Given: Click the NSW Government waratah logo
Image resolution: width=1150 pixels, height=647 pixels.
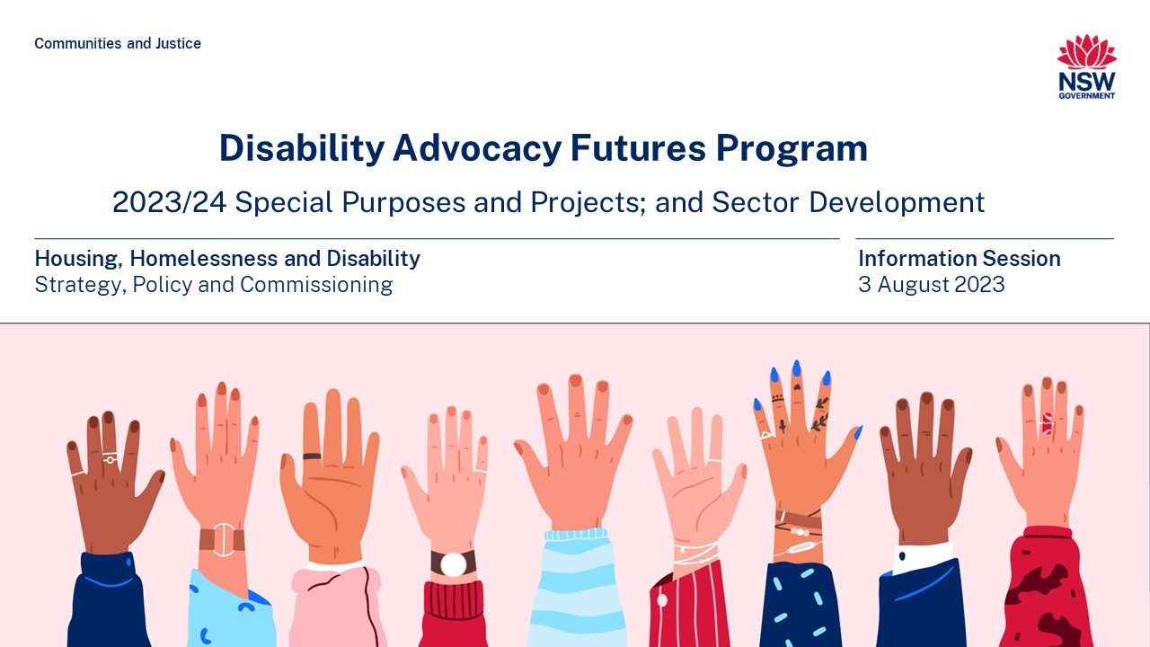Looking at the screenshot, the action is pos(1087,66).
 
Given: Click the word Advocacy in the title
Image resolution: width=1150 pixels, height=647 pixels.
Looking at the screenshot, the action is pos(477,148).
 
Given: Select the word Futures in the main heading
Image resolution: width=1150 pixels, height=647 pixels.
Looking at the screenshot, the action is pos(638,148).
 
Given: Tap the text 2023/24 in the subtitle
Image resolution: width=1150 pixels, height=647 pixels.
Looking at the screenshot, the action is pos(170,202).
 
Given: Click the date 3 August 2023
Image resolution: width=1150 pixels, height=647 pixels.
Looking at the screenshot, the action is pos(932,285).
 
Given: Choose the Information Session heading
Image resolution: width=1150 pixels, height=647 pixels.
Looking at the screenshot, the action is pos(960,258).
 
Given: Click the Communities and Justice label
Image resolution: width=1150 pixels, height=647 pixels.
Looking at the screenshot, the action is pos(118,43).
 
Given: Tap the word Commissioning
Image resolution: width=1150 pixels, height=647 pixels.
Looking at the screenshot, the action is pos(316,285).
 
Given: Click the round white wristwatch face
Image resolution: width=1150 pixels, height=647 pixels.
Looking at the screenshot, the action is pos(454,564).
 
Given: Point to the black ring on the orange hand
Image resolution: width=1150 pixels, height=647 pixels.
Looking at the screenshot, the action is pos(312,456).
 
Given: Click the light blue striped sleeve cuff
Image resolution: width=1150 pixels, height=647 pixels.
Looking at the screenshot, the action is pos(576,535).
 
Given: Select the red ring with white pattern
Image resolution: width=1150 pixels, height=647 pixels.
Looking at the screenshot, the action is pos(1048,424).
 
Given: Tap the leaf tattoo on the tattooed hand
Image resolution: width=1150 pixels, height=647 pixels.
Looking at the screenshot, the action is pos(819,422).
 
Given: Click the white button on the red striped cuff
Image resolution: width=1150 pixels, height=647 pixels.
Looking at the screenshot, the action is pos(662,599).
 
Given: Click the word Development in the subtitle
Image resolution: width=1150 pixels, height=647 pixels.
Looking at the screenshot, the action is pos(897,202).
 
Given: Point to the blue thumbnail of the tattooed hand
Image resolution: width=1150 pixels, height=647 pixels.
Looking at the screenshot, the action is pos(858,433).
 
